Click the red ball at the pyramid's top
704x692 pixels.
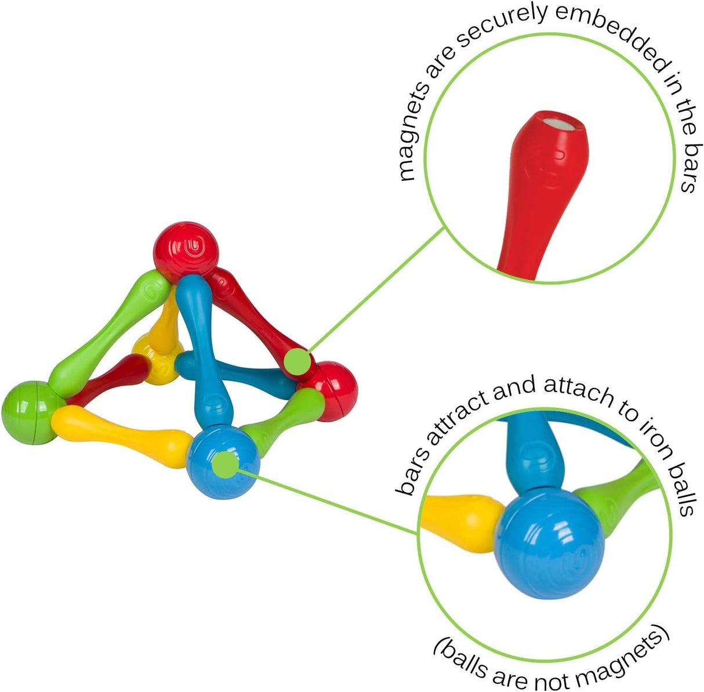pos(186,252)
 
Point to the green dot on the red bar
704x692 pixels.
pos(298,361)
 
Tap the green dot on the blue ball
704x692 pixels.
pos(226,465)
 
